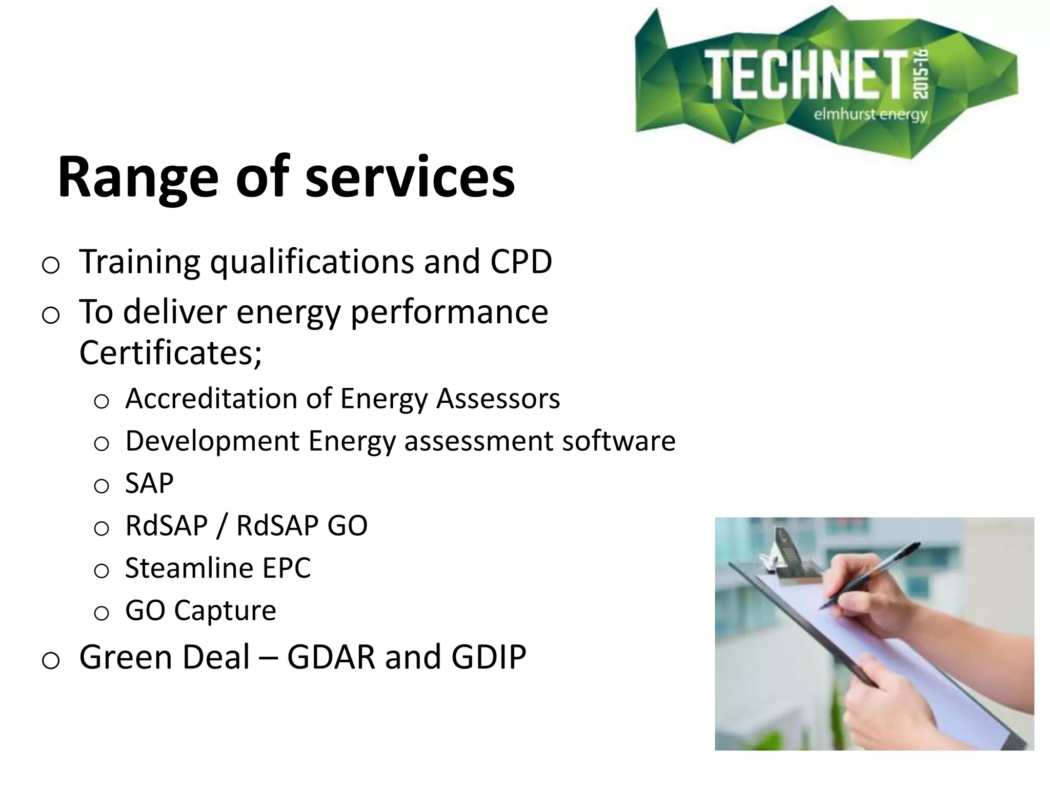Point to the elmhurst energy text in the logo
coord(871,114)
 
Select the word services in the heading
coord(410,177)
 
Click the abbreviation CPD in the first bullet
coord(521,262)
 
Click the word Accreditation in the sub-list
coord(211,399)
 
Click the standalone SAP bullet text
coord(149,483)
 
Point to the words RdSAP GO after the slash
coord(301,526)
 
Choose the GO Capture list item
coord(200,610)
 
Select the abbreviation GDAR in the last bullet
coord(331,657)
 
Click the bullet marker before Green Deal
coord(50,661)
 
